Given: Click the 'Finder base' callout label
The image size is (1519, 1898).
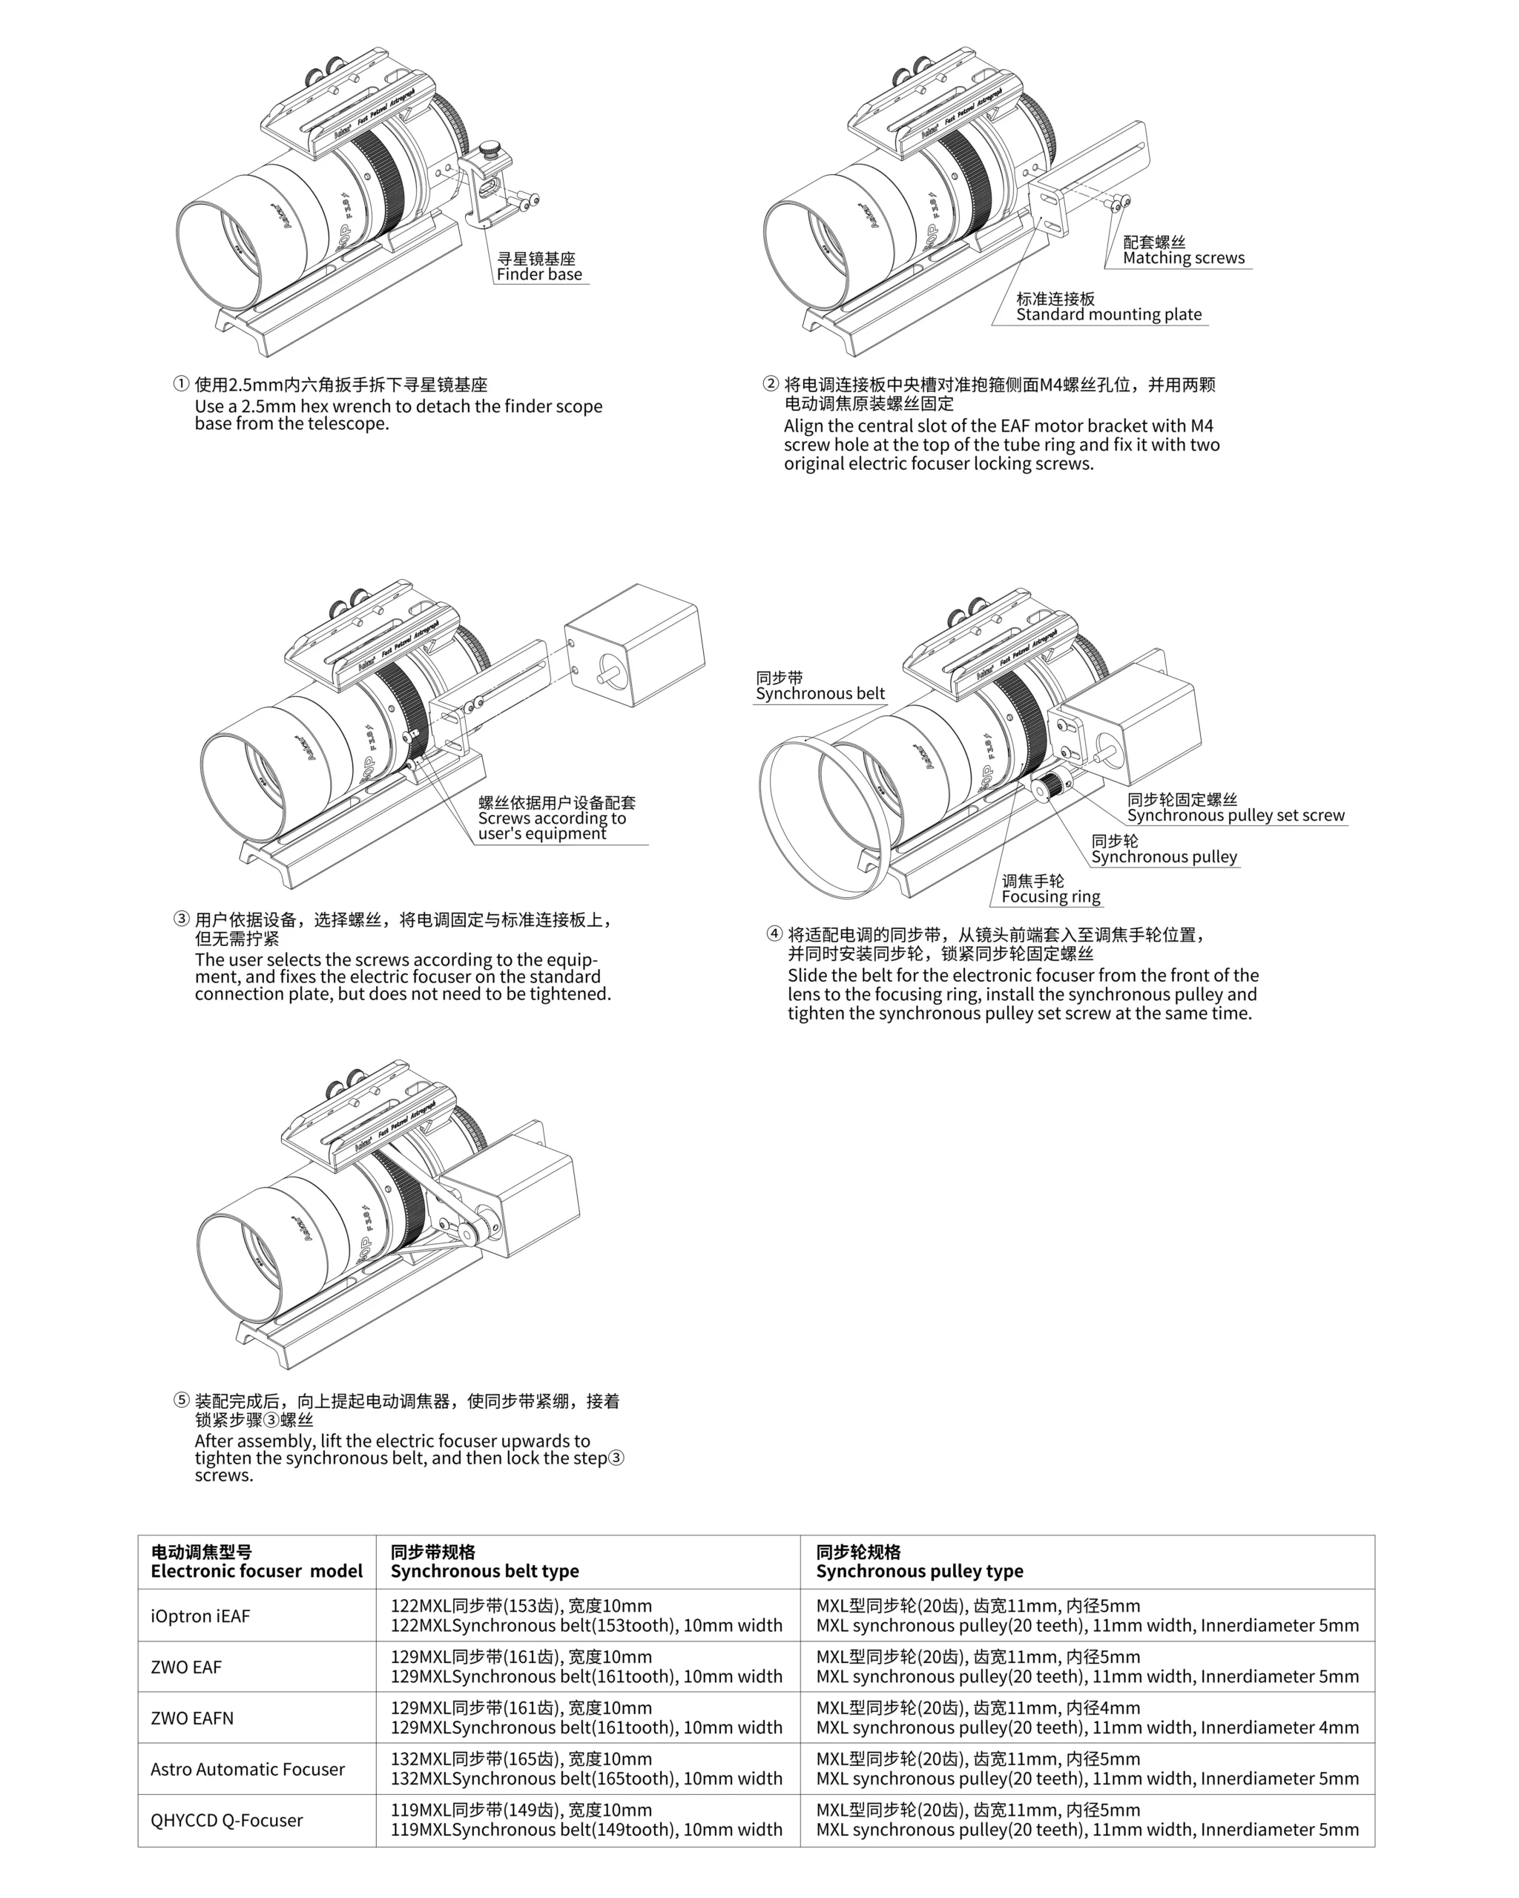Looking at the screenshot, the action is [x=539, y=274].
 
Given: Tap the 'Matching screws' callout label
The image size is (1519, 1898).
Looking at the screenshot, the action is [x=1184, y=258].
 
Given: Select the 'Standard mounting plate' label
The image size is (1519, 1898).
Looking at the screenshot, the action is [x=1109, y=314].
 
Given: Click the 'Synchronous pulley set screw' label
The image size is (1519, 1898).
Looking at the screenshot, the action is [x=1236, y=816].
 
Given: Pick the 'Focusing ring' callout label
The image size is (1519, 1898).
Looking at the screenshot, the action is [x=1050, y=896].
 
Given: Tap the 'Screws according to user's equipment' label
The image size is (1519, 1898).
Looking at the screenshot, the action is [x=552, y=825].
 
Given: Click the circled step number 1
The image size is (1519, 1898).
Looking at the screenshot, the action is [x=182, y=384].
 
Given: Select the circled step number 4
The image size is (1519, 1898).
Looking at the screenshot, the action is [x=774, y=934].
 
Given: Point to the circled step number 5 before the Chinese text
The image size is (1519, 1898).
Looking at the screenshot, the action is [x=182, y=1401].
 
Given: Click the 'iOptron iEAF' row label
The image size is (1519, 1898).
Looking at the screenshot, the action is [x=200, y=1616].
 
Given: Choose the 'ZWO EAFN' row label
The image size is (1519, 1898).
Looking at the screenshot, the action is [x=192, y=1719].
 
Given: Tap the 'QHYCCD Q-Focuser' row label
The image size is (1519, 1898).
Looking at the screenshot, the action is [x=226, y=1821].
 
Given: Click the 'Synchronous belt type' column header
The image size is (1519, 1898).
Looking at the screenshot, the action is [x=484, y=1571].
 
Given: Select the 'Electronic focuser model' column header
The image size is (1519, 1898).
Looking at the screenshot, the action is [x=256, y=1571].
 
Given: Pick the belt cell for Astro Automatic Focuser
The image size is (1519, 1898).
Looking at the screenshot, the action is [x=587, y=1768].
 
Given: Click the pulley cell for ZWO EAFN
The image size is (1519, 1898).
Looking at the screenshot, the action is [x=1087, y=1718].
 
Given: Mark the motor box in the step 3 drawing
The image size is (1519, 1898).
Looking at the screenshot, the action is [x=634, y=645].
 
